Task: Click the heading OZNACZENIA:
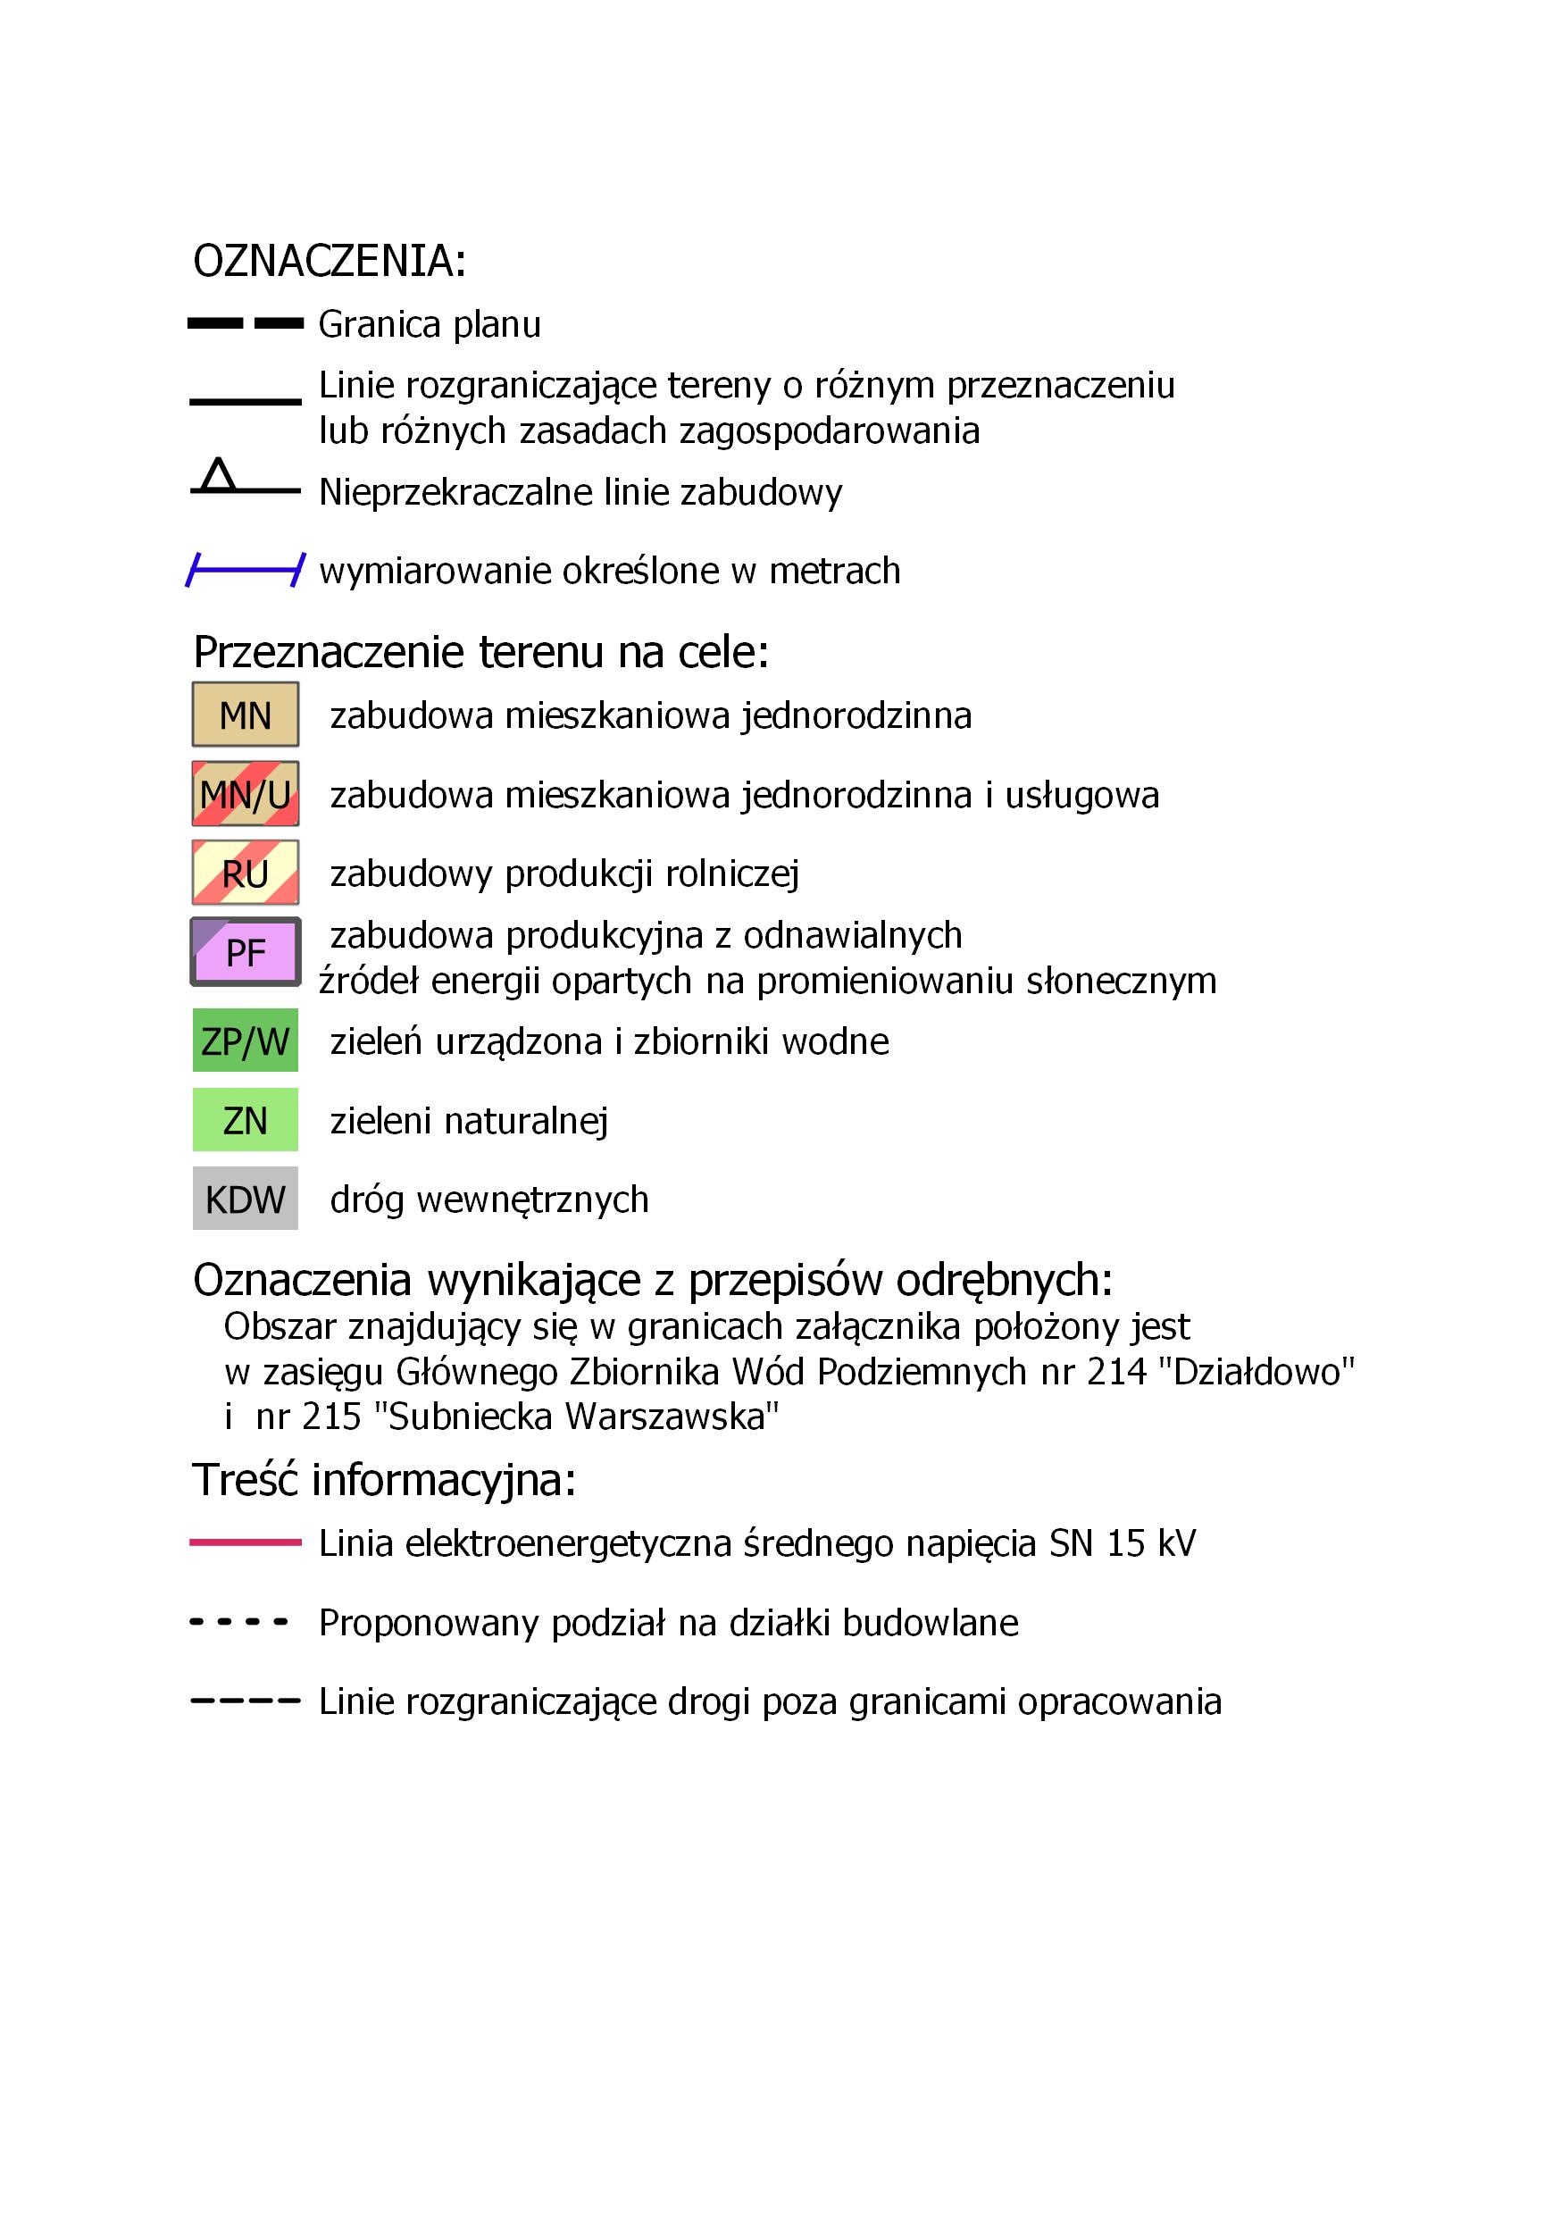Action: pyautogui.click(x=329, y=262)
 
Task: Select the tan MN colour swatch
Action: pyautogui.click(x=245, y=715)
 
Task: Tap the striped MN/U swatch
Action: pyautogui.click(x=245, y=794)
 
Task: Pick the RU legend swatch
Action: pyautogui.click(x=245, y=873)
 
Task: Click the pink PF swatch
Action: pyautogui.click(x=245, y=952)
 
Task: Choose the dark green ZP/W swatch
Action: pyautogui.click(x=245, y=1041)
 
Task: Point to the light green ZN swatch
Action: pyautogui.click(x=245, y=1120)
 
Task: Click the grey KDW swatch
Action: pyautogui.click(x=245, y=1199)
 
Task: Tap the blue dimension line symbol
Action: pyautogui.click(x=245, y=570)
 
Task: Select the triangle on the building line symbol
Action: pyautogui.click(x=218, y=476)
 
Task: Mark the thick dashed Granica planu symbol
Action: pyautogui.click(x=245, y=323)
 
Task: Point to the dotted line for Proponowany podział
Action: pyautogui.click(x=239, y=1623)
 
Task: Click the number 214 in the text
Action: pyautogui.click(x=1116, y=1371)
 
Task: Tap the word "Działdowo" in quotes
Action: pyautogui.click(x=1263, y=1371)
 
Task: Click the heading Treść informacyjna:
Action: pyautogui.click(x=384, y=1480)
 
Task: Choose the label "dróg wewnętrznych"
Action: pyautogui.click(x=489, y=1199)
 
